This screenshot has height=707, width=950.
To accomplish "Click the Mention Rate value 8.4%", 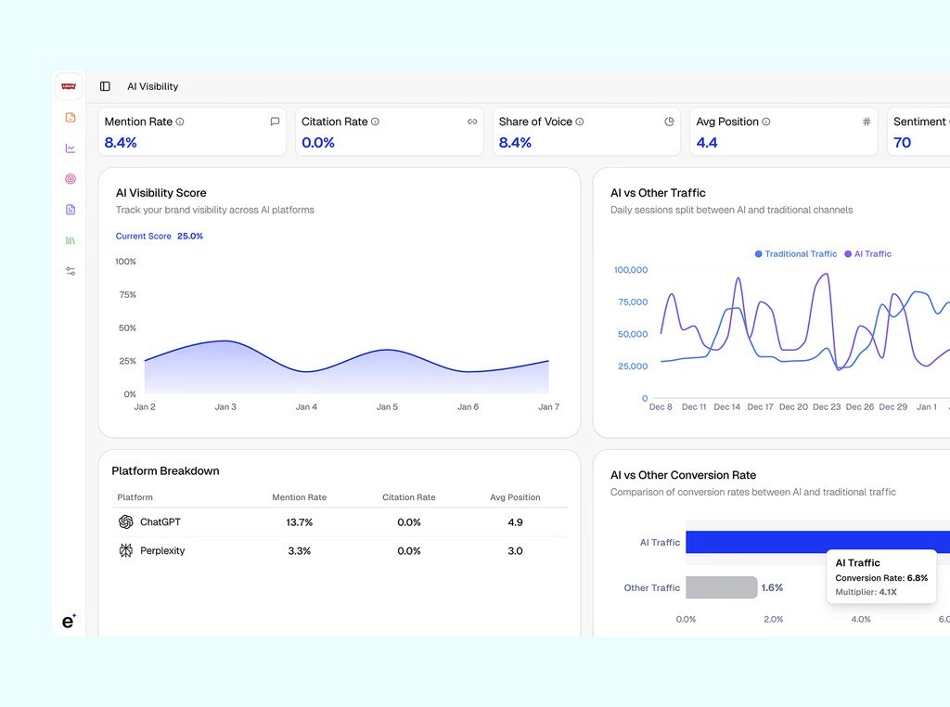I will (121, 143).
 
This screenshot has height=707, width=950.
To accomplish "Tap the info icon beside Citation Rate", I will (375, 122).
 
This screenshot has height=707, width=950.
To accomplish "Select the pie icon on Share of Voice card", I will (669, 122).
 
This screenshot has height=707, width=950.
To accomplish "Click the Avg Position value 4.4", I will (707, 143).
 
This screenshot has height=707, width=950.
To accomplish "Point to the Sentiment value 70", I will (902, 143).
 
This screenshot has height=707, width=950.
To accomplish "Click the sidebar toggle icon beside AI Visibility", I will (105, 86).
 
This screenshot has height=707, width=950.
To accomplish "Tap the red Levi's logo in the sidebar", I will (69, 86).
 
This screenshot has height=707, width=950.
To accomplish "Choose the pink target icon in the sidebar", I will (71, 179).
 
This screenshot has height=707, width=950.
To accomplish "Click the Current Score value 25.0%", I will (190, 237).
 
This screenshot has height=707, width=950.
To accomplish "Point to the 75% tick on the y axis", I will (127, 295).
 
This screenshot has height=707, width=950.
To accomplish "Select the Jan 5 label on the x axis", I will (387, 407).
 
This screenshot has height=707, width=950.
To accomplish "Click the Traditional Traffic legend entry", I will (796, 254).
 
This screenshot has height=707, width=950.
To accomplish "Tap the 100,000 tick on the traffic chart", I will (631, 270).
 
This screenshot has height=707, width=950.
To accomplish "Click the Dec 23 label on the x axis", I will (827, 407).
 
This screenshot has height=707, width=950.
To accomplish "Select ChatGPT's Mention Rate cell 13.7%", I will (300, 522).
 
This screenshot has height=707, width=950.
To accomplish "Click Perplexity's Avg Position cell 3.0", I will (515, 551).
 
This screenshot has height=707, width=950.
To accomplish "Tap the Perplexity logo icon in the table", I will (126, 551).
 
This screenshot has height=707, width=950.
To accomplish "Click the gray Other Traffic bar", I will (721, 587).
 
